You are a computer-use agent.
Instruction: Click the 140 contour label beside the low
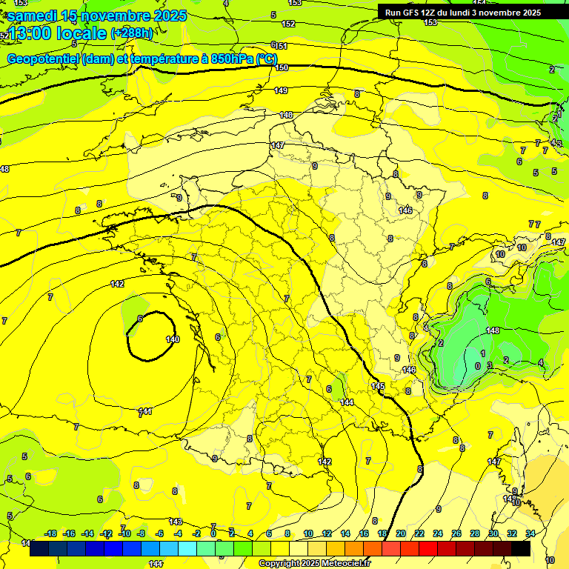(173, 339)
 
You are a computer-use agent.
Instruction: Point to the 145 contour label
(378, 387)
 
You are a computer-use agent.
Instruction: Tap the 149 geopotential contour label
(281, 90)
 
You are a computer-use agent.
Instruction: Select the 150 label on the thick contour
(282, 67)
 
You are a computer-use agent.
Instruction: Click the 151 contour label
(282, 46)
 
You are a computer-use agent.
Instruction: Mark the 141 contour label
(146, 411)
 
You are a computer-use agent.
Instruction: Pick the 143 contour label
(176, 522)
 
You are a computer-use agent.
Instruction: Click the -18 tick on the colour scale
(51, 533)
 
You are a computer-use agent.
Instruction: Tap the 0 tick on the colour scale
(213, 533)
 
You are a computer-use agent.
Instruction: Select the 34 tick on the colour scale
(530, 533)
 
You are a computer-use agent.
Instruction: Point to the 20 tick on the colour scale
(401, 533)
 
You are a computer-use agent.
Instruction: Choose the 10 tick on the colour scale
(307, 533)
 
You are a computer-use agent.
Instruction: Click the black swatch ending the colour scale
(521, 548)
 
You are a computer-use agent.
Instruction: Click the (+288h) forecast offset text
(132, 33)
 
